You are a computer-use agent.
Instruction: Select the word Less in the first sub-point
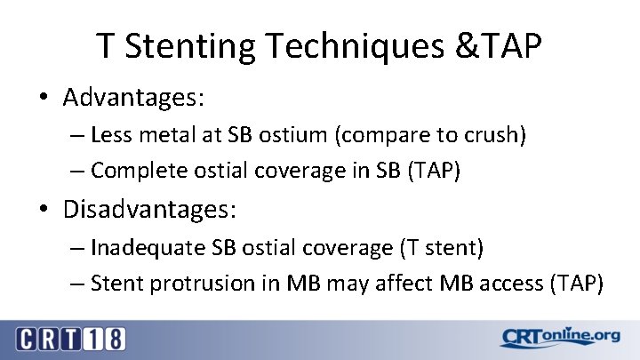click(109, 135)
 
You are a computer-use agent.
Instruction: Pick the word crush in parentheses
click(497, 135)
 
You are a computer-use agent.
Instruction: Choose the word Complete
click(132, 170)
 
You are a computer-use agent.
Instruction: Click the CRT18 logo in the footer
click(70, 338)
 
